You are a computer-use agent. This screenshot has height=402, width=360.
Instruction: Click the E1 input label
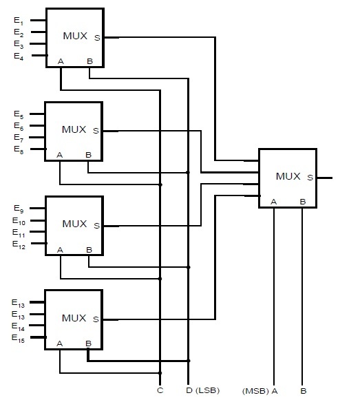pos(19,21)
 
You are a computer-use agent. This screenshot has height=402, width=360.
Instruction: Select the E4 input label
pos(19,56)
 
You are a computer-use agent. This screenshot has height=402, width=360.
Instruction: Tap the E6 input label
pos(19,127)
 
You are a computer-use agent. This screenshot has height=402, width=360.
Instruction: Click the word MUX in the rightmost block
pos(288,176)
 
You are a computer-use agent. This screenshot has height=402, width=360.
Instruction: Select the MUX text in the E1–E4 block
pos(74,36)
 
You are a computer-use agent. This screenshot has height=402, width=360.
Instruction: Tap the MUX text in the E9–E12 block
pos(74,224)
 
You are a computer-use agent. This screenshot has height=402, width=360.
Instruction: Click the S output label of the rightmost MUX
pos(310,178)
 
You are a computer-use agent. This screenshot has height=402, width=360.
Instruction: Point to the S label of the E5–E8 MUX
pos(96,131)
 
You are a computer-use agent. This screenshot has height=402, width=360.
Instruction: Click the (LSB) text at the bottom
pos(208,391)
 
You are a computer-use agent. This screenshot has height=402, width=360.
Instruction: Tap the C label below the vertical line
pos(160,391)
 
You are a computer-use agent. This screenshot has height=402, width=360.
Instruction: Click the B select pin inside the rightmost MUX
pos(303,201)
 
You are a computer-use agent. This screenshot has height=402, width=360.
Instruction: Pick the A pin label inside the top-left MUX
pos(61,62)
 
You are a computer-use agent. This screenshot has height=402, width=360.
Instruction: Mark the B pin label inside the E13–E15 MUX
pos(88,343)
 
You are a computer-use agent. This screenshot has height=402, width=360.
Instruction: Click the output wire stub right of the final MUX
pos(325,178)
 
